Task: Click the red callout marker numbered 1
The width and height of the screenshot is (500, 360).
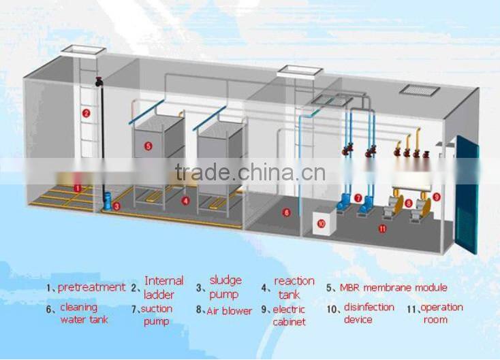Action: pyautogui.click(x=78, y=188)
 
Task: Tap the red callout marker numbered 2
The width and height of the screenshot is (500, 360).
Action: pyautogui.click(x=87, y=114)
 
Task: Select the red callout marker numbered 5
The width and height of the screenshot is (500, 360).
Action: pyautogui.click(x=149, y=145)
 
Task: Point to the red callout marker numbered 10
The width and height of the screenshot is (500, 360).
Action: pyautogui.click(x=322, y=222)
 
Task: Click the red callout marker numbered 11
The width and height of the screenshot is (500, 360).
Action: pyautogui.click(x=382, y=229)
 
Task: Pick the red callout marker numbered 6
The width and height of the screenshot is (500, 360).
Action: pyautogui.click(x=287, y=212)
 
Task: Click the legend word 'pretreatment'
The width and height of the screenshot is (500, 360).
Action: pyautogui.click(x=91, y=287)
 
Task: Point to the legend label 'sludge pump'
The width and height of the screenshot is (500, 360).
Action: pyautogui.click(x=225, y=287)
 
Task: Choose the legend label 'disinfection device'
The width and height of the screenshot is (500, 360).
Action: pyautogui.click(x=369, y=313)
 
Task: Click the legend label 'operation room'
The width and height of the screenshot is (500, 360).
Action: pyautogui.click(x=441, y=313)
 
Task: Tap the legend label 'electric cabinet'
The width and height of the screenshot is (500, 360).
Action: pyautogui.click(x=289, y=315)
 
